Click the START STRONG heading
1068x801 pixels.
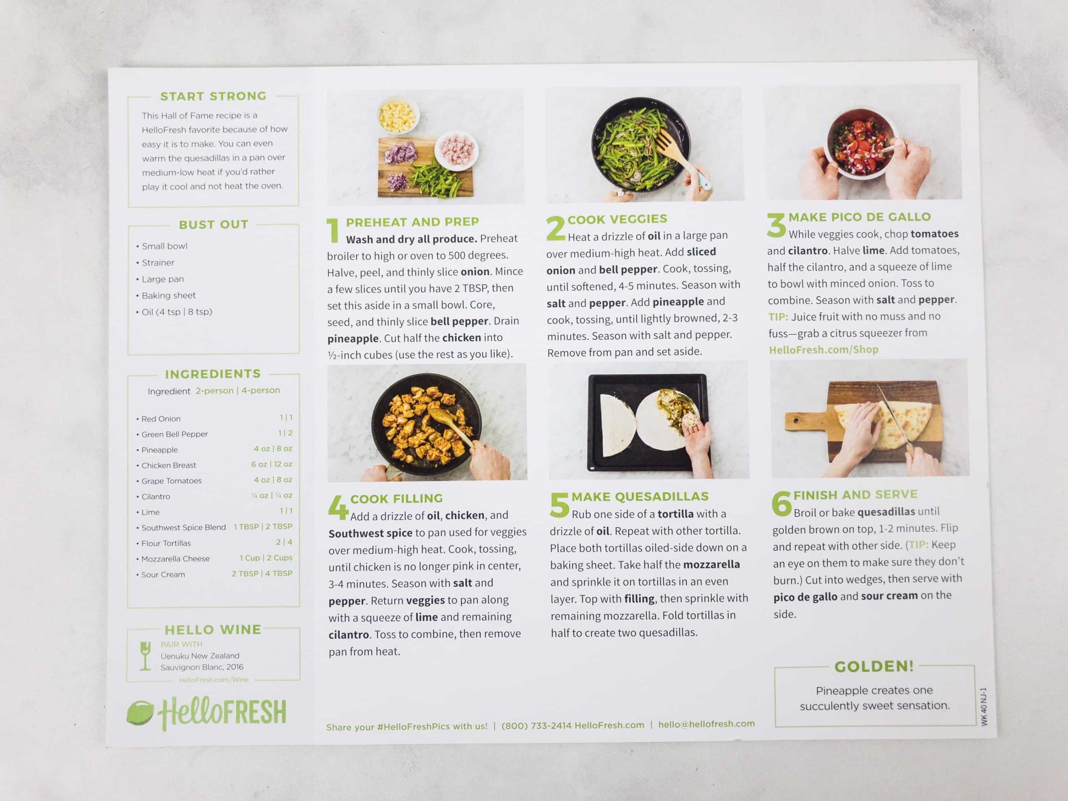pos(213,96)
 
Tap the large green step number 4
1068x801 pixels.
pos(338,507)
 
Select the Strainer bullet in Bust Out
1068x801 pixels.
pos(158,263)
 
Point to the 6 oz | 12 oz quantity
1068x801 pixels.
pos(271,464)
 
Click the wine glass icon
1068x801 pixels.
pos(145,656)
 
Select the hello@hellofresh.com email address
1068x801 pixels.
pos(706,724)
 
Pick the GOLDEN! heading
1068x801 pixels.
pos(874,667)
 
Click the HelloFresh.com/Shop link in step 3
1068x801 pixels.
pos(823,349)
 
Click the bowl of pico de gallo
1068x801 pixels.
pos(860,144)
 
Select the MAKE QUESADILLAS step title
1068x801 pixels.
pos(640,496)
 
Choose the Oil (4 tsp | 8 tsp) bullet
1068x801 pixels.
pos(177,312)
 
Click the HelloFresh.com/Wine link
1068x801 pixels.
pos(213,680)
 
